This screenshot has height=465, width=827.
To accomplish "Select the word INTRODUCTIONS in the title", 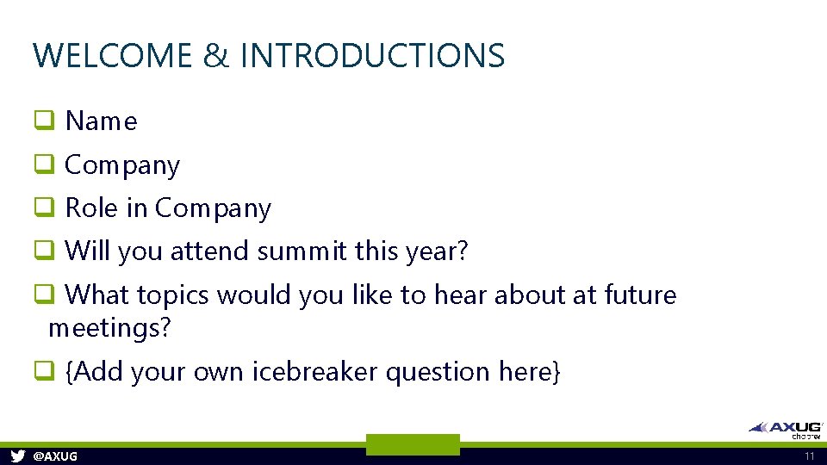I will click(372, 56).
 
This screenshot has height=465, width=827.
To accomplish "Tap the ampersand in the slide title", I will click(216, 56).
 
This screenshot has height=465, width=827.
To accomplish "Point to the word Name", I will click(101, 121).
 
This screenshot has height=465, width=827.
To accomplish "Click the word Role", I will click(92, 208).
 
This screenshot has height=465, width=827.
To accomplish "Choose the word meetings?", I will click(110, 328).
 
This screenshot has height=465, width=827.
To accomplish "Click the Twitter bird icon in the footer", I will click(17, 456).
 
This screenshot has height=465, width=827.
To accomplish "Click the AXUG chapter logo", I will click(786, 429).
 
